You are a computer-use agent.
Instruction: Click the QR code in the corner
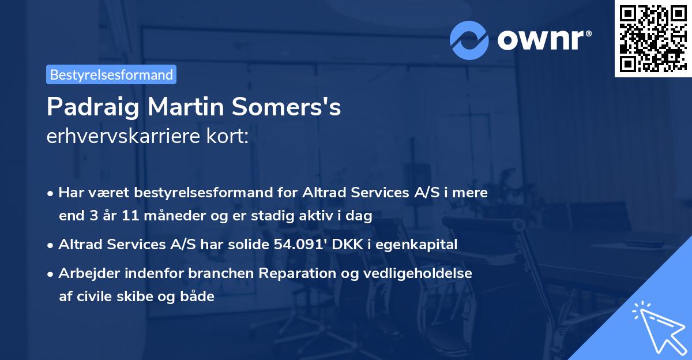pos(653,39)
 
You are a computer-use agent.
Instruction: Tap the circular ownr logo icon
pos(469,40)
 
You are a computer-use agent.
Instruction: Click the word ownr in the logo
pos(542,40)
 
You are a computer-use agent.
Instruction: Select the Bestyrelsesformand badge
pos(111,74)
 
